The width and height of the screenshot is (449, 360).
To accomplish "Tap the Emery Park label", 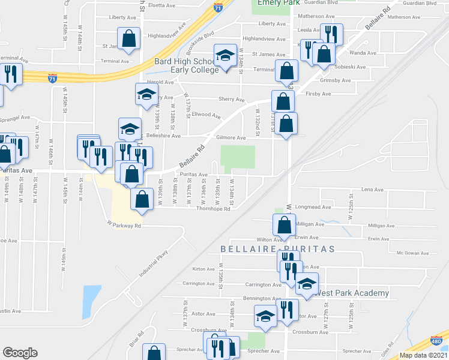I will pos(278,3).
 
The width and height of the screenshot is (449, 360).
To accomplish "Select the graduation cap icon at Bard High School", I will pos(226,56).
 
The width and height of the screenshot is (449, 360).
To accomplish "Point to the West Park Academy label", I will pos(352,293).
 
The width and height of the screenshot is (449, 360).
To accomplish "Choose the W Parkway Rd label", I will pos(124,226).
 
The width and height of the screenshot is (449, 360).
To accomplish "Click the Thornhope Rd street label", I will pos(213,209).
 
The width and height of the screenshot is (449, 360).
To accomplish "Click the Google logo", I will pos(20,353).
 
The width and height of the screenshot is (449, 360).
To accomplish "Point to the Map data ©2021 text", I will pos(423,355).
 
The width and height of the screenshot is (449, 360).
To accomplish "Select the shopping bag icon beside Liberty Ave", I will pos(129,39).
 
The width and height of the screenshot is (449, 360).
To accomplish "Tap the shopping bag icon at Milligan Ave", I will pos(284,226).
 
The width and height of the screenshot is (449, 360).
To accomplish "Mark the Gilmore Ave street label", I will pos(232,138).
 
